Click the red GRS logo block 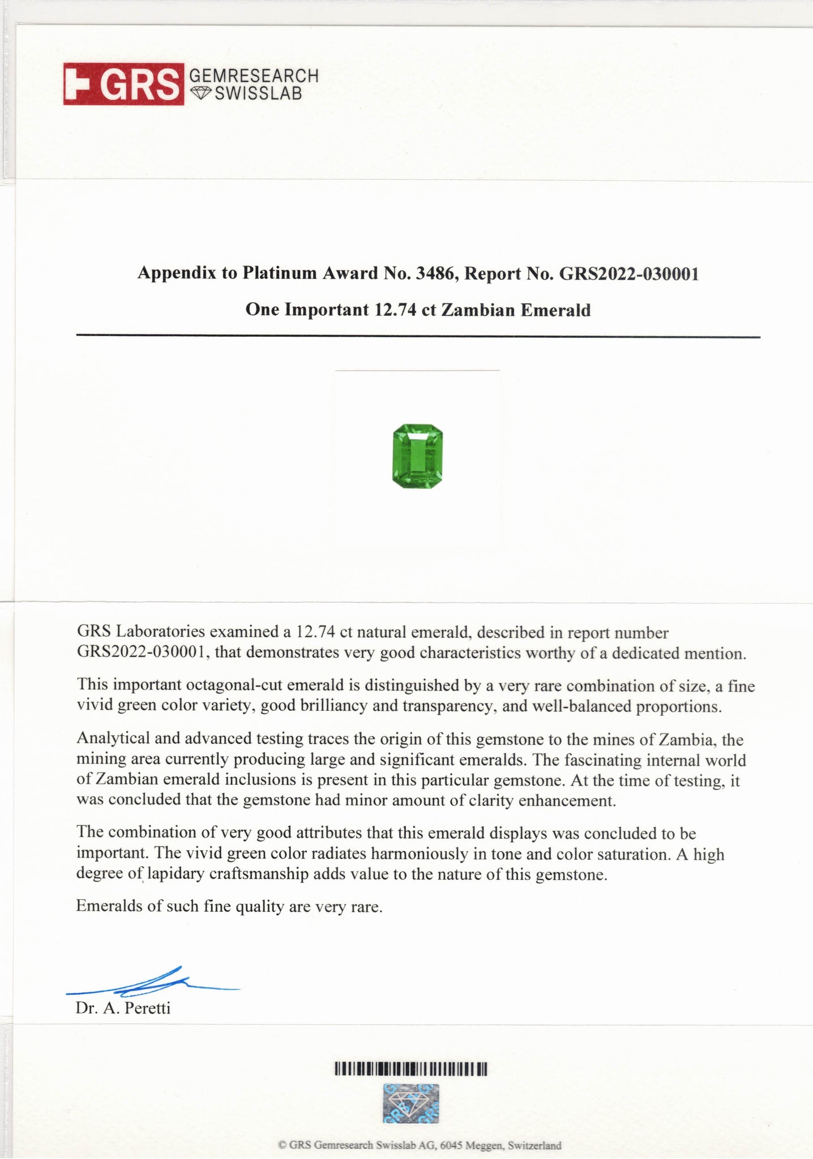(x=123, y=84)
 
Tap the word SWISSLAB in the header (x=258, y=93)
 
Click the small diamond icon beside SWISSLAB (x=199, y=93)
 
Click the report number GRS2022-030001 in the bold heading (x=628, y=273)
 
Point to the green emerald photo (x=417, y=456)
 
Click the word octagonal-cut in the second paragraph (x=235, y=685)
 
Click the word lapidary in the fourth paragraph (x=176, y=874)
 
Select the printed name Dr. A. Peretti (x=123, y=1008)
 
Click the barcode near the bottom (x=411, y=1069)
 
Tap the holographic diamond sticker (x=411, y=1104)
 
